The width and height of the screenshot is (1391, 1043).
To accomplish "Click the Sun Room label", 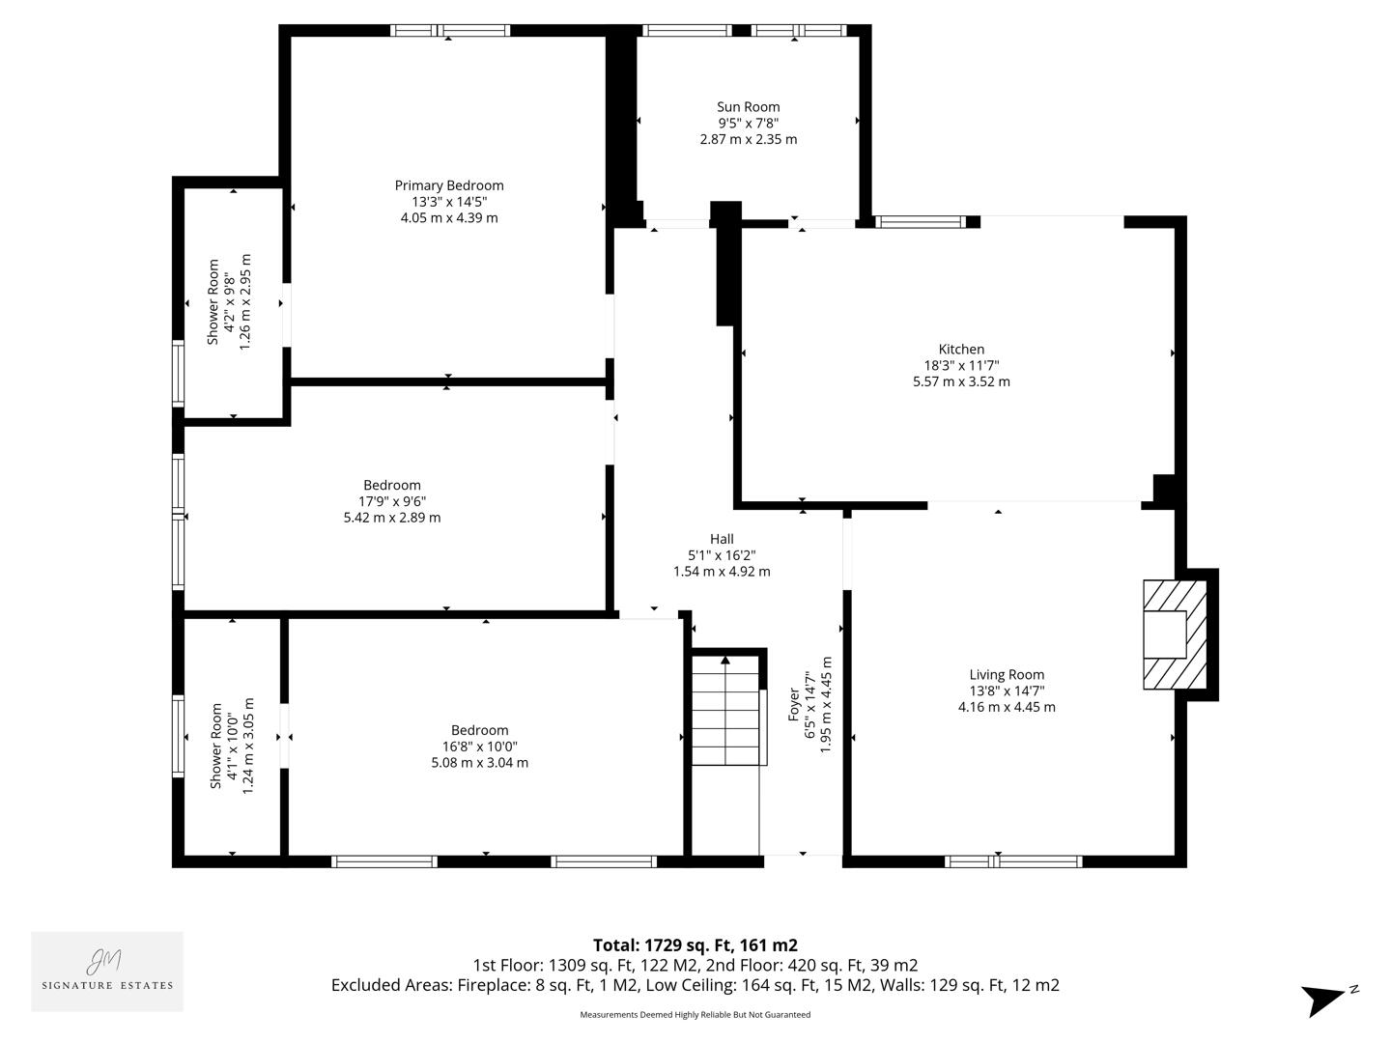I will (x=748, y=107).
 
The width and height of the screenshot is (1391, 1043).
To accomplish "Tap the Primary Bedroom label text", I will (x=449, y=185).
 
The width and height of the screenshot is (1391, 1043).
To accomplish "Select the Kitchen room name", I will (x=961, y=350).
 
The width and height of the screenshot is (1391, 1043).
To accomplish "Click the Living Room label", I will (x=1007, y=675).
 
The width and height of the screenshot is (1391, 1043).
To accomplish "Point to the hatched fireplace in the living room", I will (x=1175, y=634).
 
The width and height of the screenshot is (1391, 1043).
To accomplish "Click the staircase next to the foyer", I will (x=725, y=711).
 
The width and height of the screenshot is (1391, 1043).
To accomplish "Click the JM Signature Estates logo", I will (x=107, y=971).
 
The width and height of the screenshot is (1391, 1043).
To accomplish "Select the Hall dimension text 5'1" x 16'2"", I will (x=722, y=555).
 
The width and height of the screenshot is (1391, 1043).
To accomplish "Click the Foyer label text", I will (x=794, y=705).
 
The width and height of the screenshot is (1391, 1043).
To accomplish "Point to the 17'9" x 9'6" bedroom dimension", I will (x=392, y=501).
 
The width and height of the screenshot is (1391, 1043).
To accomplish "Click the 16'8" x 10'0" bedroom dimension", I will (x=479, y=747).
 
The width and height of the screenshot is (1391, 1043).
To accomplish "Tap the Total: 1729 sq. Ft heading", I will (x=695, y=945).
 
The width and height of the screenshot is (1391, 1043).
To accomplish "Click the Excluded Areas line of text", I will (x=695, y=985).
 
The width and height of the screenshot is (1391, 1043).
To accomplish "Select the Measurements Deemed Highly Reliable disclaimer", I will (x=695, y=1015).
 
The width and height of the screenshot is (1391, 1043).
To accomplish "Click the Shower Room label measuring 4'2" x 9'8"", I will (x=213, y=302).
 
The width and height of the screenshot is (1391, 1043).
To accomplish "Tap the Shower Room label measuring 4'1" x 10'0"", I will (x=216, y=746).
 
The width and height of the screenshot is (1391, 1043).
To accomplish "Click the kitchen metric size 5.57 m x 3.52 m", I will (x=961, y=381).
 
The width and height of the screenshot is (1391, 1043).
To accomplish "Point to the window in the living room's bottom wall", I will (x=1012, y=861).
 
